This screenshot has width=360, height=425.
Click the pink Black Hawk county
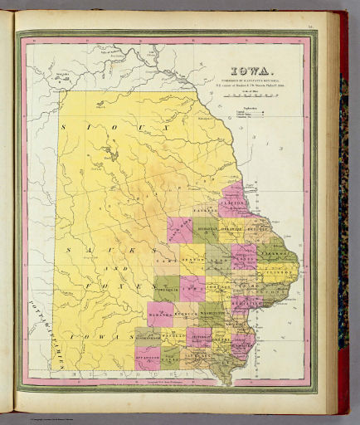click(179, 231)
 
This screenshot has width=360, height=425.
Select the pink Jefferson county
click(200, 336)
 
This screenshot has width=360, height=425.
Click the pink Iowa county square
click(192, 288)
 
